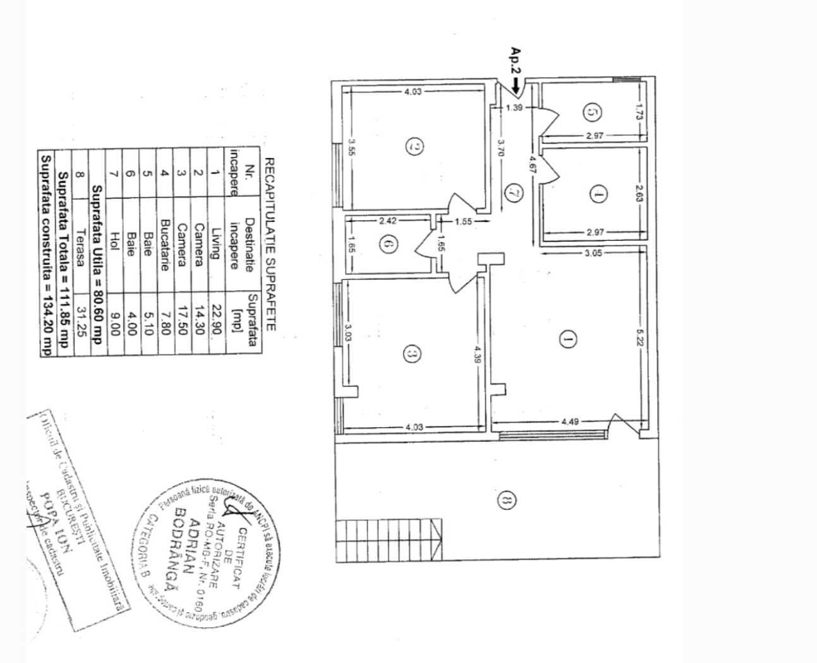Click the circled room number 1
tap(567, 340)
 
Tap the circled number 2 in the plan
tap(415, 147)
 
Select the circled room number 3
tap(411, 355)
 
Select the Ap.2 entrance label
tap(515, 61)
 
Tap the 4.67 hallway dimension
tap(533, 164)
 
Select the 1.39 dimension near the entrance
tap(515, 108)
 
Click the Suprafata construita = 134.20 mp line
tap(45, 254)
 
